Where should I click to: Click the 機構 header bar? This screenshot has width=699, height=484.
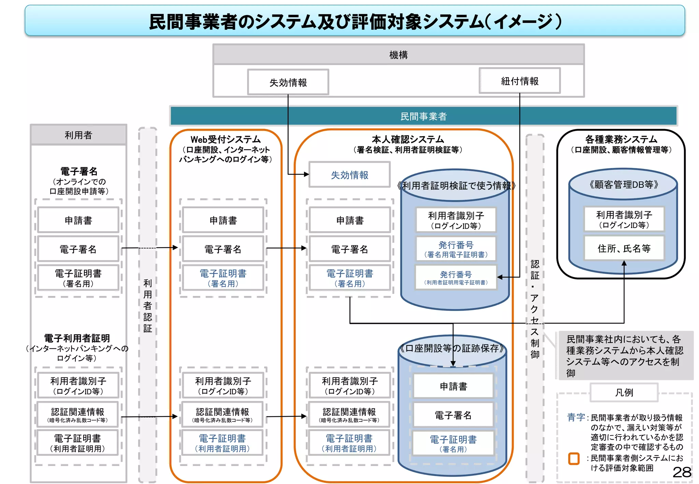point(398,55)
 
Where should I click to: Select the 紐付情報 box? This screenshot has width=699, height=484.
point(519,81)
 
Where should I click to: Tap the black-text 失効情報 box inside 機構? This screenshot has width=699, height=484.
point(288,82)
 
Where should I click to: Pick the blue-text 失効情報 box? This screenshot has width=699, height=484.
point(349,175)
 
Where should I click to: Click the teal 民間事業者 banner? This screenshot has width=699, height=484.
point(423,116)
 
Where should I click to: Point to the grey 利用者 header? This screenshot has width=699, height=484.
point(79,135)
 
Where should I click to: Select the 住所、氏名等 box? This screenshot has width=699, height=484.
point(624,248)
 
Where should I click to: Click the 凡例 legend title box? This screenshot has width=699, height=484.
point(624,393)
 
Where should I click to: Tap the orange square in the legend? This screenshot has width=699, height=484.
point(574,458)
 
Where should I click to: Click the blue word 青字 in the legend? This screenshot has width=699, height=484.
point(576,417)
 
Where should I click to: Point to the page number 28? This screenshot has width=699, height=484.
point(682,472)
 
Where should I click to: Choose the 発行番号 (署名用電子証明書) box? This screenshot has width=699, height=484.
point(456,249)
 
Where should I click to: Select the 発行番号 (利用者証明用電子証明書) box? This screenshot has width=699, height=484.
point(456,277)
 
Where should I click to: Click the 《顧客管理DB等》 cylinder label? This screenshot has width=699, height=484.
point(623,185)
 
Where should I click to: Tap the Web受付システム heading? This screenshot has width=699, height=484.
point(225,140)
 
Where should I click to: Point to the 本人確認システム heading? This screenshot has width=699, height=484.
point(408,140)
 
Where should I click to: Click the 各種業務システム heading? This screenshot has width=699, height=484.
point(621,140)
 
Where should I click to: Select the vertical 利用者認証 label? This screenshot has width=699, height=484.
point(147,305)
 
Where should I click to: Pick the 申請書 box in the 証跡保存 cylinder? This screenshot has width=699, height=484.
point(453,386)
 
